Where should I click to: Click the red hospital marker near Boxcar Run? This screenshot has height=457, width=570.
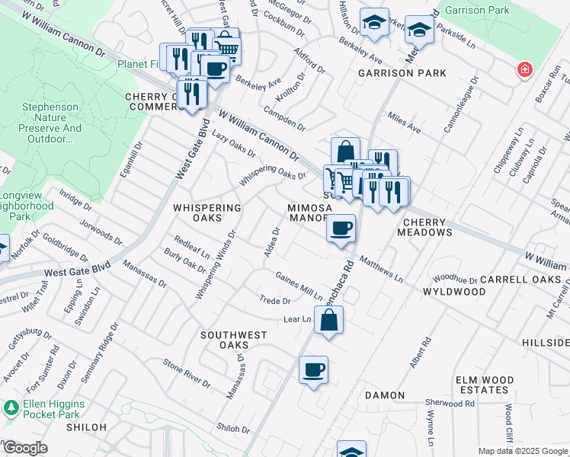tap(524, 71)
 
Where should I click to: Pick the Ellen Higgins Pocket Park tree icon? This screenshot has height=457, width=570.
tap(11, 407)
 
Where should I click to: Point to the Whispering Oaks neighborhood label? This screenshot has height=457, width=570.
tap(207, 213)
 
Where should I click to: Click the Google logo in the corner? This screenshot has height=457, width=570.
tap(24, 448)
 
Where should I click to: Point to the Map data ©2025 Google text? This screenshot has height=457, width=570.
tap(522, 451)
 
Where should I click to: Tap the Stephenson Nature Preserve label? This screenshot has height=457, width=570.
tap(52, 123)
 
